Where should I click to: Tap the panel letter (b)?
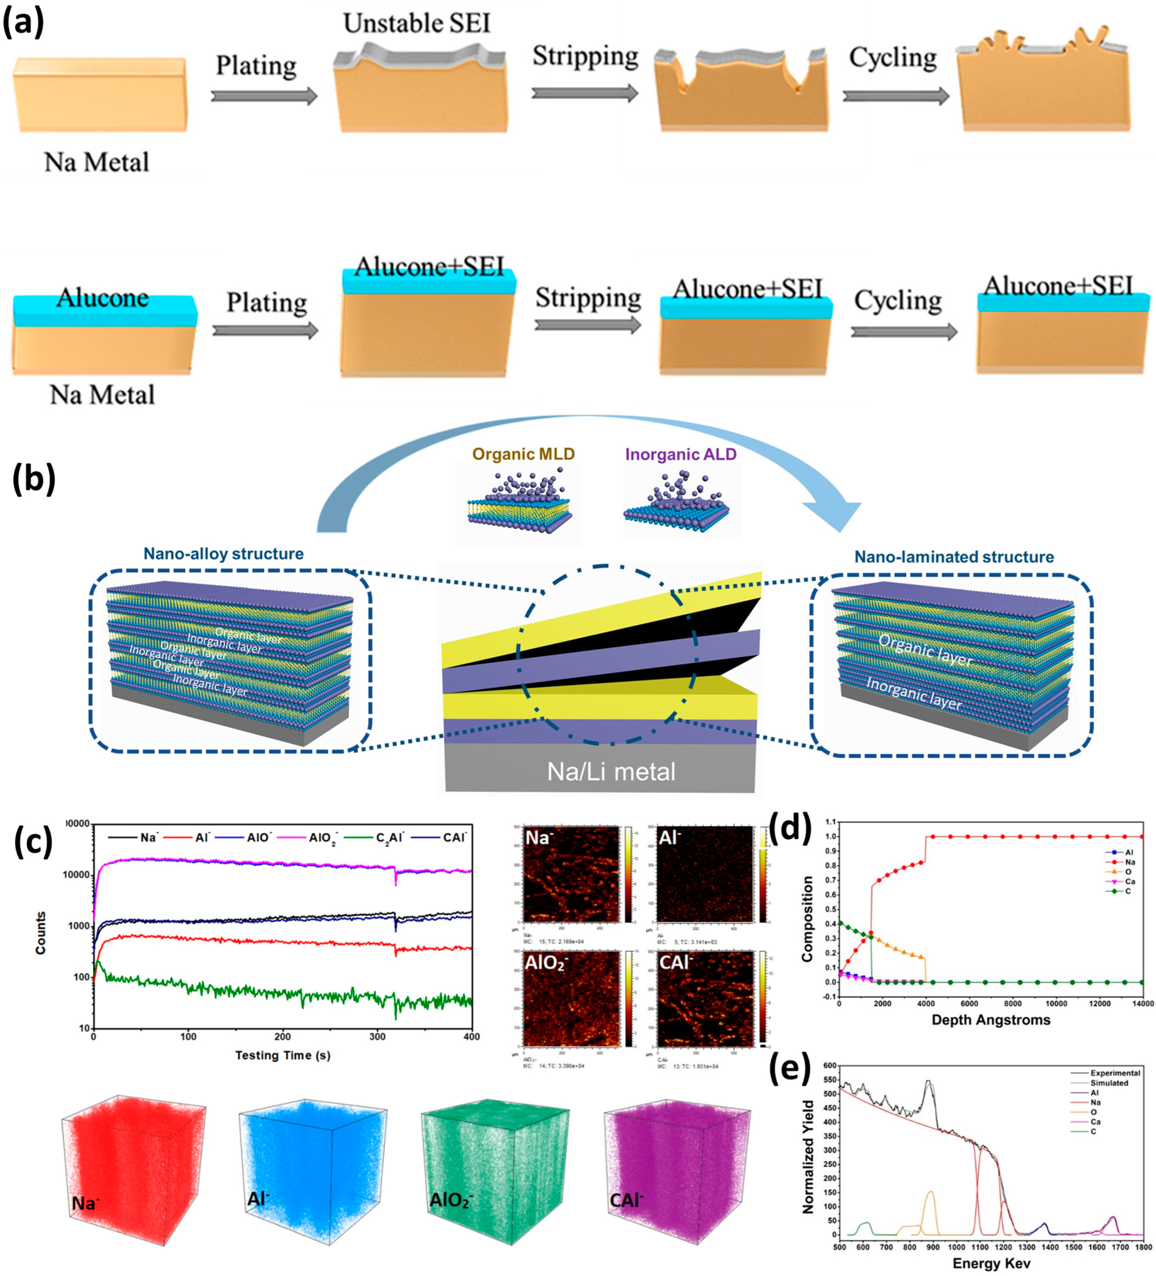(34, 479)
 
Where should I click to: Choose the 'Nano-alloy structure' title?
(223, 554)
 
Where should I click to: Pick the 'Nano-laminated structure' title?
(954, 557)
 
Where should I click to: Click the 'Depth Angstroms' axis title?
(991, 1020)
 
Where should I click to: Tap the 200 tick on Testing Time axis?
(282, 1037)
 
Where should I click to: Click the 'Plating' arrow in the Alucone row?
(265, 330)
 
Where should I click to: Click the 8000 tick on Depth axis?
(1013, 1003)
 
